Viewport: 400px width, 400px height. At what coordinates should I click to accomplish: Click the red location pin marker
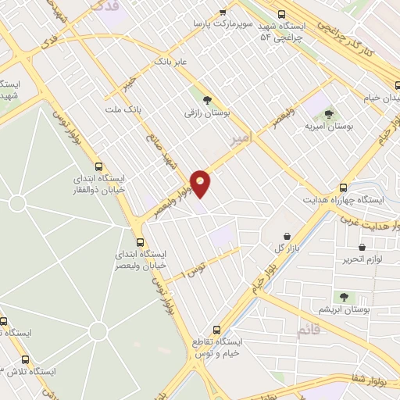201,183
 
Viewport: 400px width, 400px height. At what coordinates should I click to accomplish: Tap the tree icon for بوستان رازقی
207,100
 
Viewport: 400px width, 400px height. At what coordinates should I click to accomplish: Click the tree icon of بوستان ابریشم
343,296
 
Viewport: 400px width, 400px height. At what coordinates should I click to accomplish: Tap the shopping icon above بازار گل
287,236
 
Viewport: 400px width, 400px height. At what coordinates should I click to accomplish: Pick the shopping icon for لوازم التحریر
362,248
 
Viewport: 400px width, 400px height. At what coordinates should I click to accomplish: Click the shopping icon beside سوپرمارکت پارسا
223,13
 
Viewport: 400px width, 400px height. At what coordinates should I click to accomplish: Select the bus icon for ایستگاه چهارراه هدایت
343,187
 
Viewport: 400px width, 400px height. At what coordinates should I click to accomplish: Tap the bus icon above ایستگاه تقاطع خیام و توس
216,330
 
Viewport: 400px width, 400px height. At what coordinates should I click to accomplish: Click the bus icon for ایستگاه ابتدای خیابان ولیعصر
140,241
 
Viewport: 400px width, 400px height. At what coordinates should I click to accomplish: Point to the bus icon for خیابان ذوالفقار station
98,166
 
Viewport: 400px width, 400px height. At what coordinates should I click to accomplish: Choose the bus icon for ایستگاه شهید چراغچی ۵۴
281,14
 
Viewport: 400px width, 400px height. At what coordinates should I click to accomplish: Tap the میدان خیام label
383,99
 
